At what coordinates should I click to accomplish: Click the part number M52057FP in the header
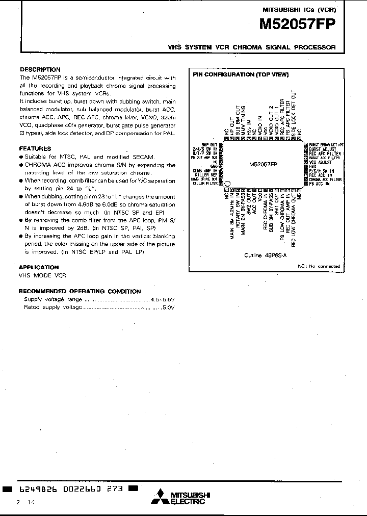tap(297, 25)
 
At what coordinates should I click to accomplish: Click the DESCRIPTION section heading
tap(40, 69)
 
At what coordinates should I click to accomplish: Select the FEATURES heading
tap(35, 148)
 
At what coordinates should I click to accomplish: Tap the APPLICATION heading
tap(39, 267)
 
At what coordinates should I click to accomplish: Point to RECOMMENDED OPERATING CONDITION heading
tap(80, 291)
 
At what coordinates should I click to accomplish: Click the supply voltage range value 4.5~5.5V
tap(163, 299)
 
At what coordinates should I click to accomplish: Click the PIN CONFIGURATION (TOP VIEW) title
tap(241, 74)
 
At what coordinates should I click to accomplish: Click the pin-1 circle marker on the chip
tap(228, 184)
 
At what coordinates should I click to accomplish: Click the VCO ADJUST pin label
tap(320, 162)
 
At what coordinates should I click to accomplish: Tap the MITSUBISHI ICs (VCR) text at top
tap(299, 9)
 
